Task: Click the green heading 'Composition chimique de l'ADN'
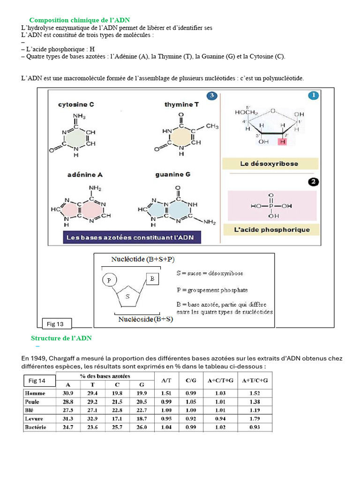[x=80, y=20]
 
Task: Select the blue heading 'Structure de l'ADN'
[x=61, y=338]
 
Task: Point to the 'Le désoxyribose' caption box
[x=270, y=164]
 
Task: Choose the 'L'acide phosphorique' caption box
[x=272, y=230]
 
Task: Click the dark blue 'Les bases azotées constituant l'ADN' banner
[x=130, y=238]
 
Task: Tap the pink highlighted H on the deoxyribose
[x=282, y=142]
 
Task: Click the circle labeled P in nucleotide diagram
[x=109, y=280]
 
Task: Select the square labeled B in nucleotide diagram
[x=153, y=278]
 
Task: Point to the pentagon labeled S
[x=127, y=296]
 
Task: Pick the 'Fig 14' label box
[x=40, y=380]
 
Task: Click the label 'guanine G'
[x=172, y=174]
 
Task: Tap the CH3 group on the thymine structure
[x=211, y=126]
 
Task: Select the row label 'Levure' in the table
[x=35, y=419]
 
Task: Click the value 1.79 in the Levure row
[x=255, y=419]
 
